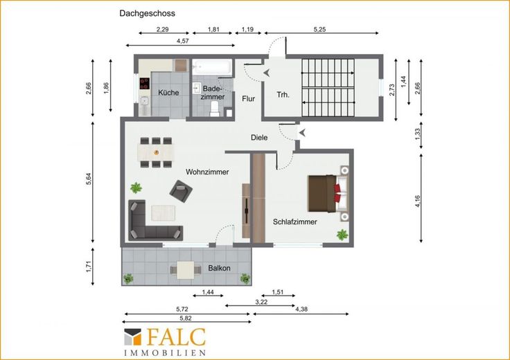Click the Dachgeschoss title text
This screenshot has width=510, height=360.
(x=147, y=14)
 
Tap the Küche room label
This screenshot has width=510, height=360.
(x=168, y=93)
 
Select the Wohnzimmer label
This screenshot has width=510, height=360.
(x=207, y=172)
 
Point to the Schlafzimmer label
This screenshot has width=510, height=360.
(x=294, y=222)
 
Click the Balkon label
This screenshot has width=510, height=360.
(x=219, y=269)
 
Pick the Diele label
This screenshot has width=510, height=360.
(x=259, y=138)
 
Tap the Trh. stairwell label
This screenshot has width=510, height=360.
(x=283, y=95)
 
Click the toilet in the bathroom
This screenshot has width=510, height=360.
(x=215, y=109)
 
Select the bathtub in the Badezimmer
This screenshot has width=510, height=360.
(x=212, y=67)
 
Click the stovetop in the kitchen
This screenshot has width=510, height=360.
(x=144, y=84)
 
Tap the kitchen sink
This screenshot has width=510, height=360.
(x=144, y=101)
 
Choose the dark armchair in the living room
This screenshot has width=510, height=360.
(x=181, y=191)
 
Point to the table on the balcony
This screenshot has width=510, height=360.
(x=186, y=270)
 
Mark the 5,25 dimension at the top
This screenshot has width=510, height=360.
(x=319, y=30)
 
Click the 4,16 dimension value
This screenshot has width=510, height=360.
(x=418, y=201)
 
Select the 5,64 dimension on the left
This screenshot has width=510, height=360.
(x=89, y=179)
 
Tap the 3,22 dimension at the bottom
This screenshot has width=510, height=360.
(x=261, y=302)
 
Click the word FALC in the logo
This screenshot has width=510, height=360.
(x=176, y=337)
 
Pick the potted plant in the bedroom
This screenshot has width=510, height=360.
(x=342, y=235)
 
